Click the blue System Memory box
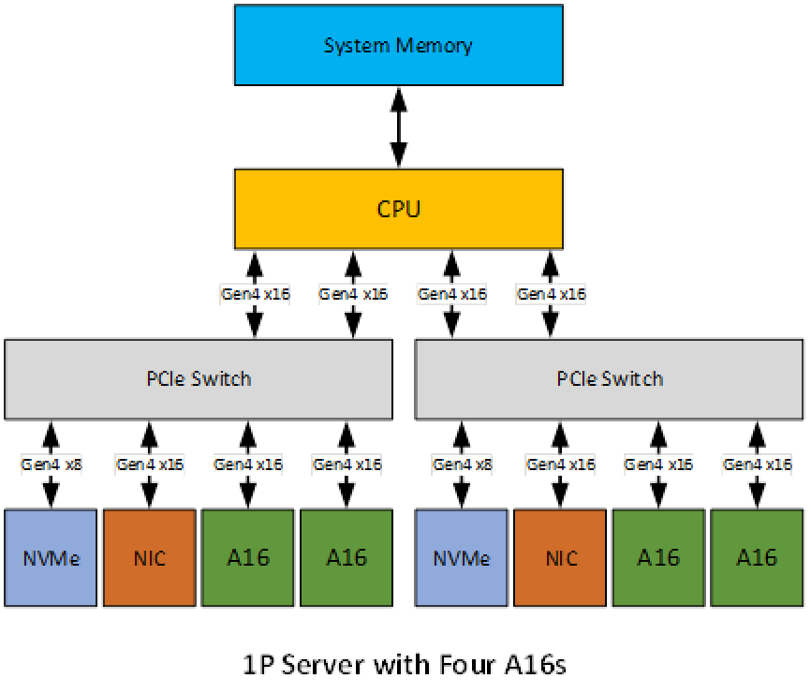click(x=398, y=45)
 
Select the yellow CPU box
click(x=398, y=208)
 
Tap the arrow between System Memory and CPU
click(x=399, y=126)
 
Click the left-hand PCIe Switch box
click(x=199, y=378)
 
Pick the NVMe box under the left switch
click(x=52, y=558)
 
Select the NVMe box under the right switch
click(x=462, y=558)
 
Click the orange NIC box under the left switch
click(x=149, y=558)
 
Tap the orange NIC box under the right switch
click(x=560, y=558)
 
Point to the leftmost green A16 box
click(x=248, y=558)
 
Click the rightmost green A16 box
click(x=757, y=558)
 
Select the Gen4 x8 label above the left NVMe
click(x=52, y=464)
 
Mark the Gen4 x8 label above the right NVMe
click(x=462, y=464)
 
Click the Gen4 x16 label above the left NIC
click(x=149, y=464)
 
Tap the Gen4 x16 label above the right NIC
click(x=560, y=464)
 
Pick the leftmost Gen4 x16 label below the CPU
click(x=255, y=294)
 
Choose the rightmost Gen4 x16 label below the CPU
click(x=551, y=294)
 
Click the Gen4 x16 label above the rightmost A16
click(x=757, y=464)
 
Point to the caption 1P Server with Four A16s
click(x=405, y=665)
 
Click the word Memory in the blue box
click(x=435, y=45)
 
